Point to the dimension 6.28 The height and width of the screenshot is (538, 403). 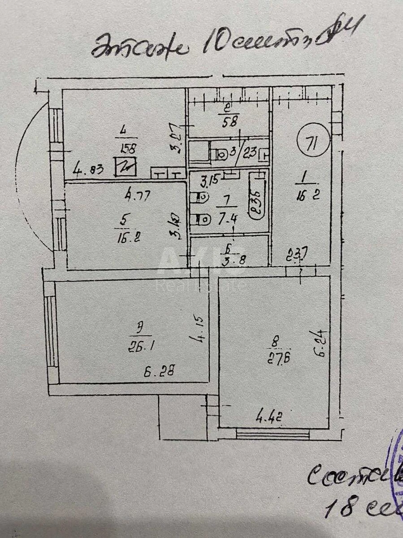tap(159, 371)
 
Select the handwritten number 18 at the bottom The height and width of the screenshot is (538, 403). tap(340, 508)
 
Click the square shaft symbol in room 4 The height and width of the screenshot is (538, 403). tap(126, 167)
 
